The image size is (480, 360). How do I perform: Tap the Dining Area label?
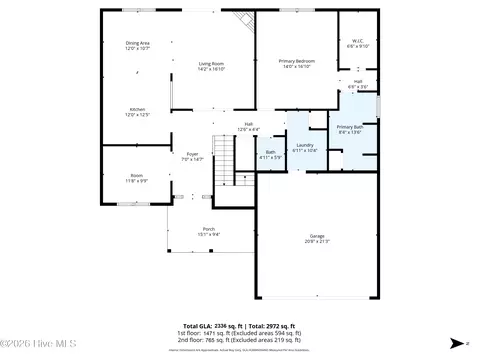[137, 43]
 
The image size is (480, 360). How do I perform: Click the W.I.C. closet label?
[357, 41]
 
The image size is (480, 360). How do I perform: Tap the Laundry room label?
[304, 145]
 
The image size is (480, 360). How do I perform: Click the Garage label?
[316, 236]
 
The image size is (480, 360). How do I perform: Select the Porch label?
[208, 229]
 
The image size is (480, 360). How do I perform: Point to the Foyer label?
[191, 153]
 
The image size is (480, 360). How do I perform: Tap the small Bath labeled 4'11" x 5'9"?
[270, 152]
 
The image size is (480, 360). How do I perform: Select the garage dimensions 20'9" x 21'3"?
[316, 241]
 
